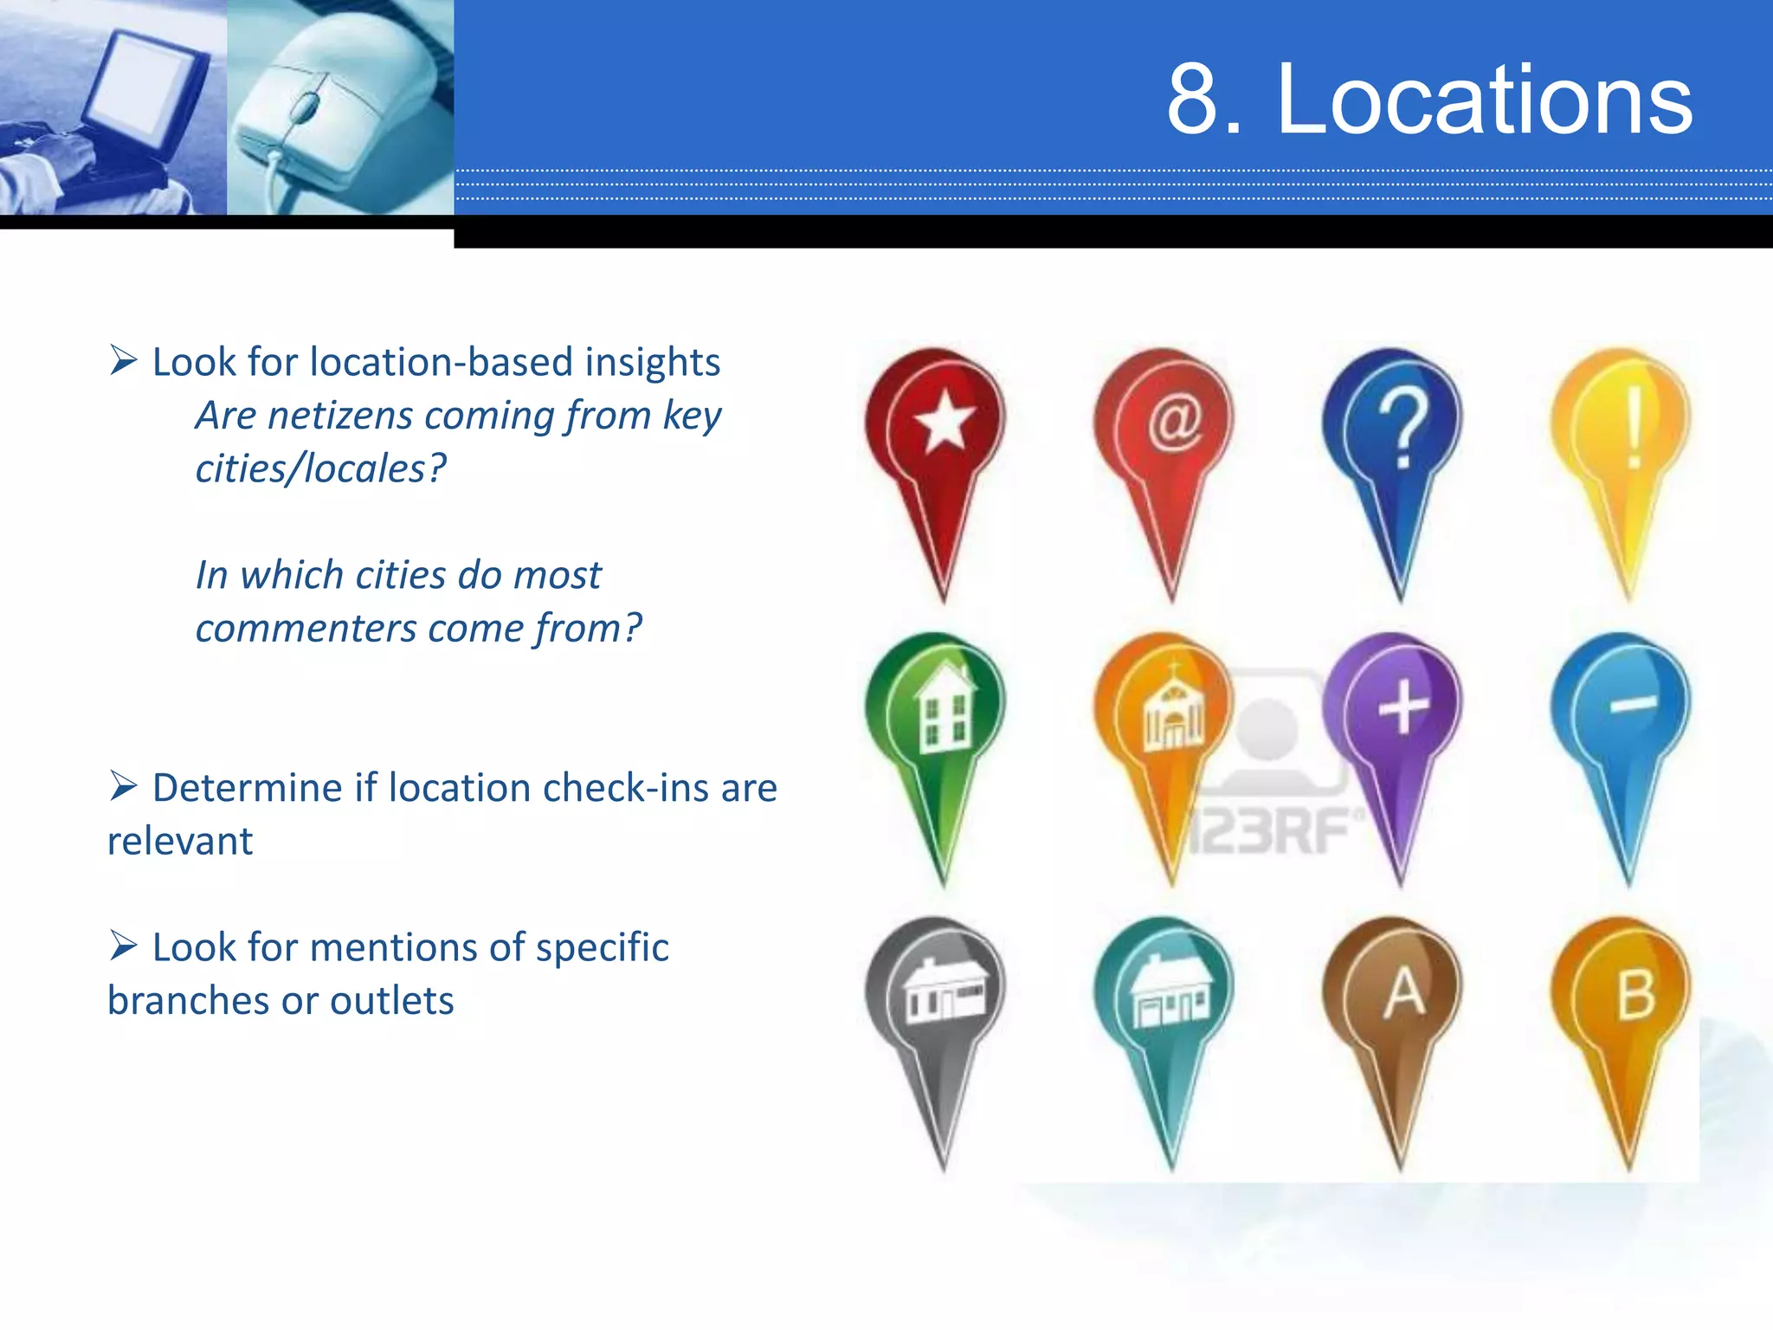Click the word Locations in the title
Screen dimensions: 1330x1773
(x=1484, y=100)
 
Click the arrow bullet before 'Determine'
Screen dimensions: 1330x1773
(x=124, y=786)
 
